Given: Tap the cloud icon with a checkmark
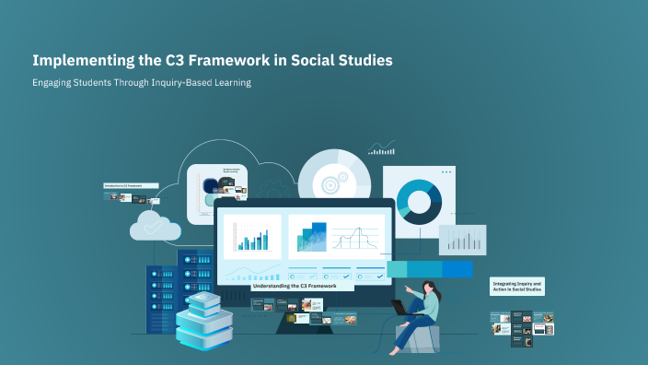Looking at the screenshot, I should (x=155, y=225).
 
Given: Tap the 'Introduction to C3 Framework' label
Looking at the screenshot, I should (x=130, y=185).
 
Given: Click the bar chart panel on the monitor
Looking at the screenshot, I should (x=252, y=237).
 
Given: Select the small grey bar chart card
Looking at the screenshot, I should (x=462, y=240).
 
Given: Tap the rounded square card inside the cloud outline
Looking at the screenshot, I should (x=217, y=194).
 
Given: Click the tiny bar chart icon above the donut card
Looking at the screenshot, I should (x=381, y=147).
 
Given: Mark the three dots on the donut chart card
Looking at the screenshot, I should (x=446, y=172).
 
